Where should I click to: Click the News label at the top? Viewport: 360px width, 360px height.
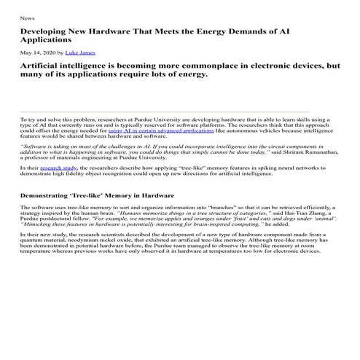26,17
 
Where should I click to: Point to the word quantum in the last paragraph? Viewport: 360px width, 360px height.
32,242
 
